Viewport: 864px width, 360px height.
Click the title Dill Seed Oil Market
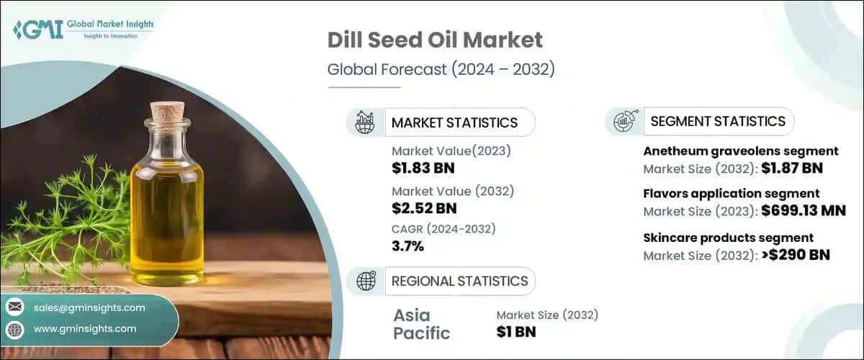click(x=435, y=40)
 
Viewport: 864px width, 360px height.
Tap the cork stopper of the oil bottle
click(x=167, y=113)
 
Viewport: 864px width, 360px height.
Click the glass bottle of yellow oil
click(x=168, y=202)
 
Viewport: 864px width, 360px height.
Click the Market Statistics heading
click(x=454, y=122)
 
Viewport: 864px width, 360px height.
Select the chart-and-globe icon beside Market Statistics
click(x=365, y=122)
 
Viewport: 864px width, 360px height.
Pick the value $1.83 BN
click(x=423, y=168)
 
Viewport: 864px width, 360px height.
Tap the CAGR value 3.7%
click(x=408, y=246)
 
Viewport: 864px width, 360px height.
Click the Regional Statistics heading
click(x=459, y=282)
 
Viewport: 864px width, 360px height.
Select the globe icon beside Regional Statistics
click(x=366, y=282)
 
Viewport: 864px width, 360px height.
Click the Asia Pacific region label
click(x=421, y=324)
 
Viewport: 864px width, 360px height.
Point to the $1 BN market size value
click(x=516, y=332)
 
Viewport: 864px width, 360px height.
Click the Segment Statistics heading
click(x=718, y=122)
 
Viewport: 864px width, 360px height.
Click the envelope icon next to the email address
click(x=15, y=307)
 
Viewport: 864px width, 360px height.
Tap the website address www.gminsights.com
click(x=84, y=328)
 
